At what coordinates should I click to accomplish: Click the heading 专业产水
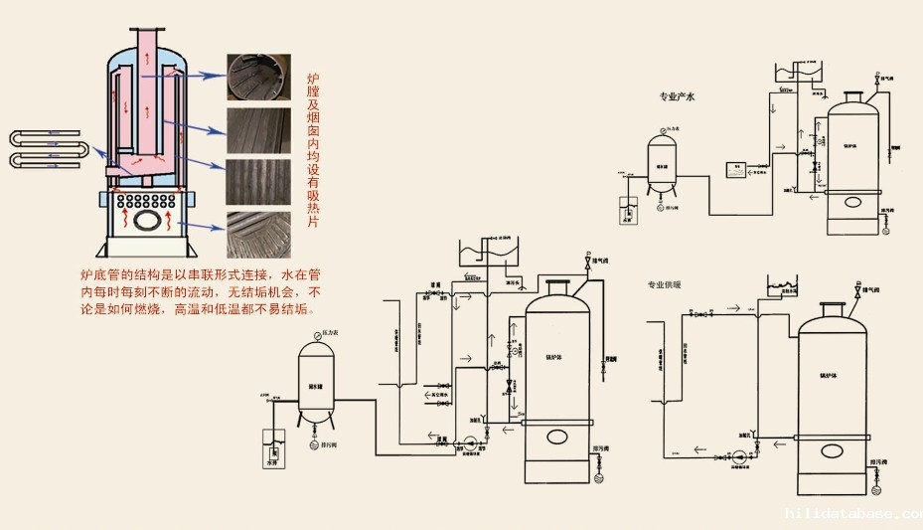[680, 97]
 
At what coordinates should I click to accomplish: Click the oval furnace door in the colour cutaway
[150, 222]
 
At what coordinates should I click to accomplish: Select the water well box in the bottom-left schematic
[272, 444]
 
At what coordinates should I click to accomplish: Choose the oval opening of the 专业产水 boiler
[855, 203]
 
